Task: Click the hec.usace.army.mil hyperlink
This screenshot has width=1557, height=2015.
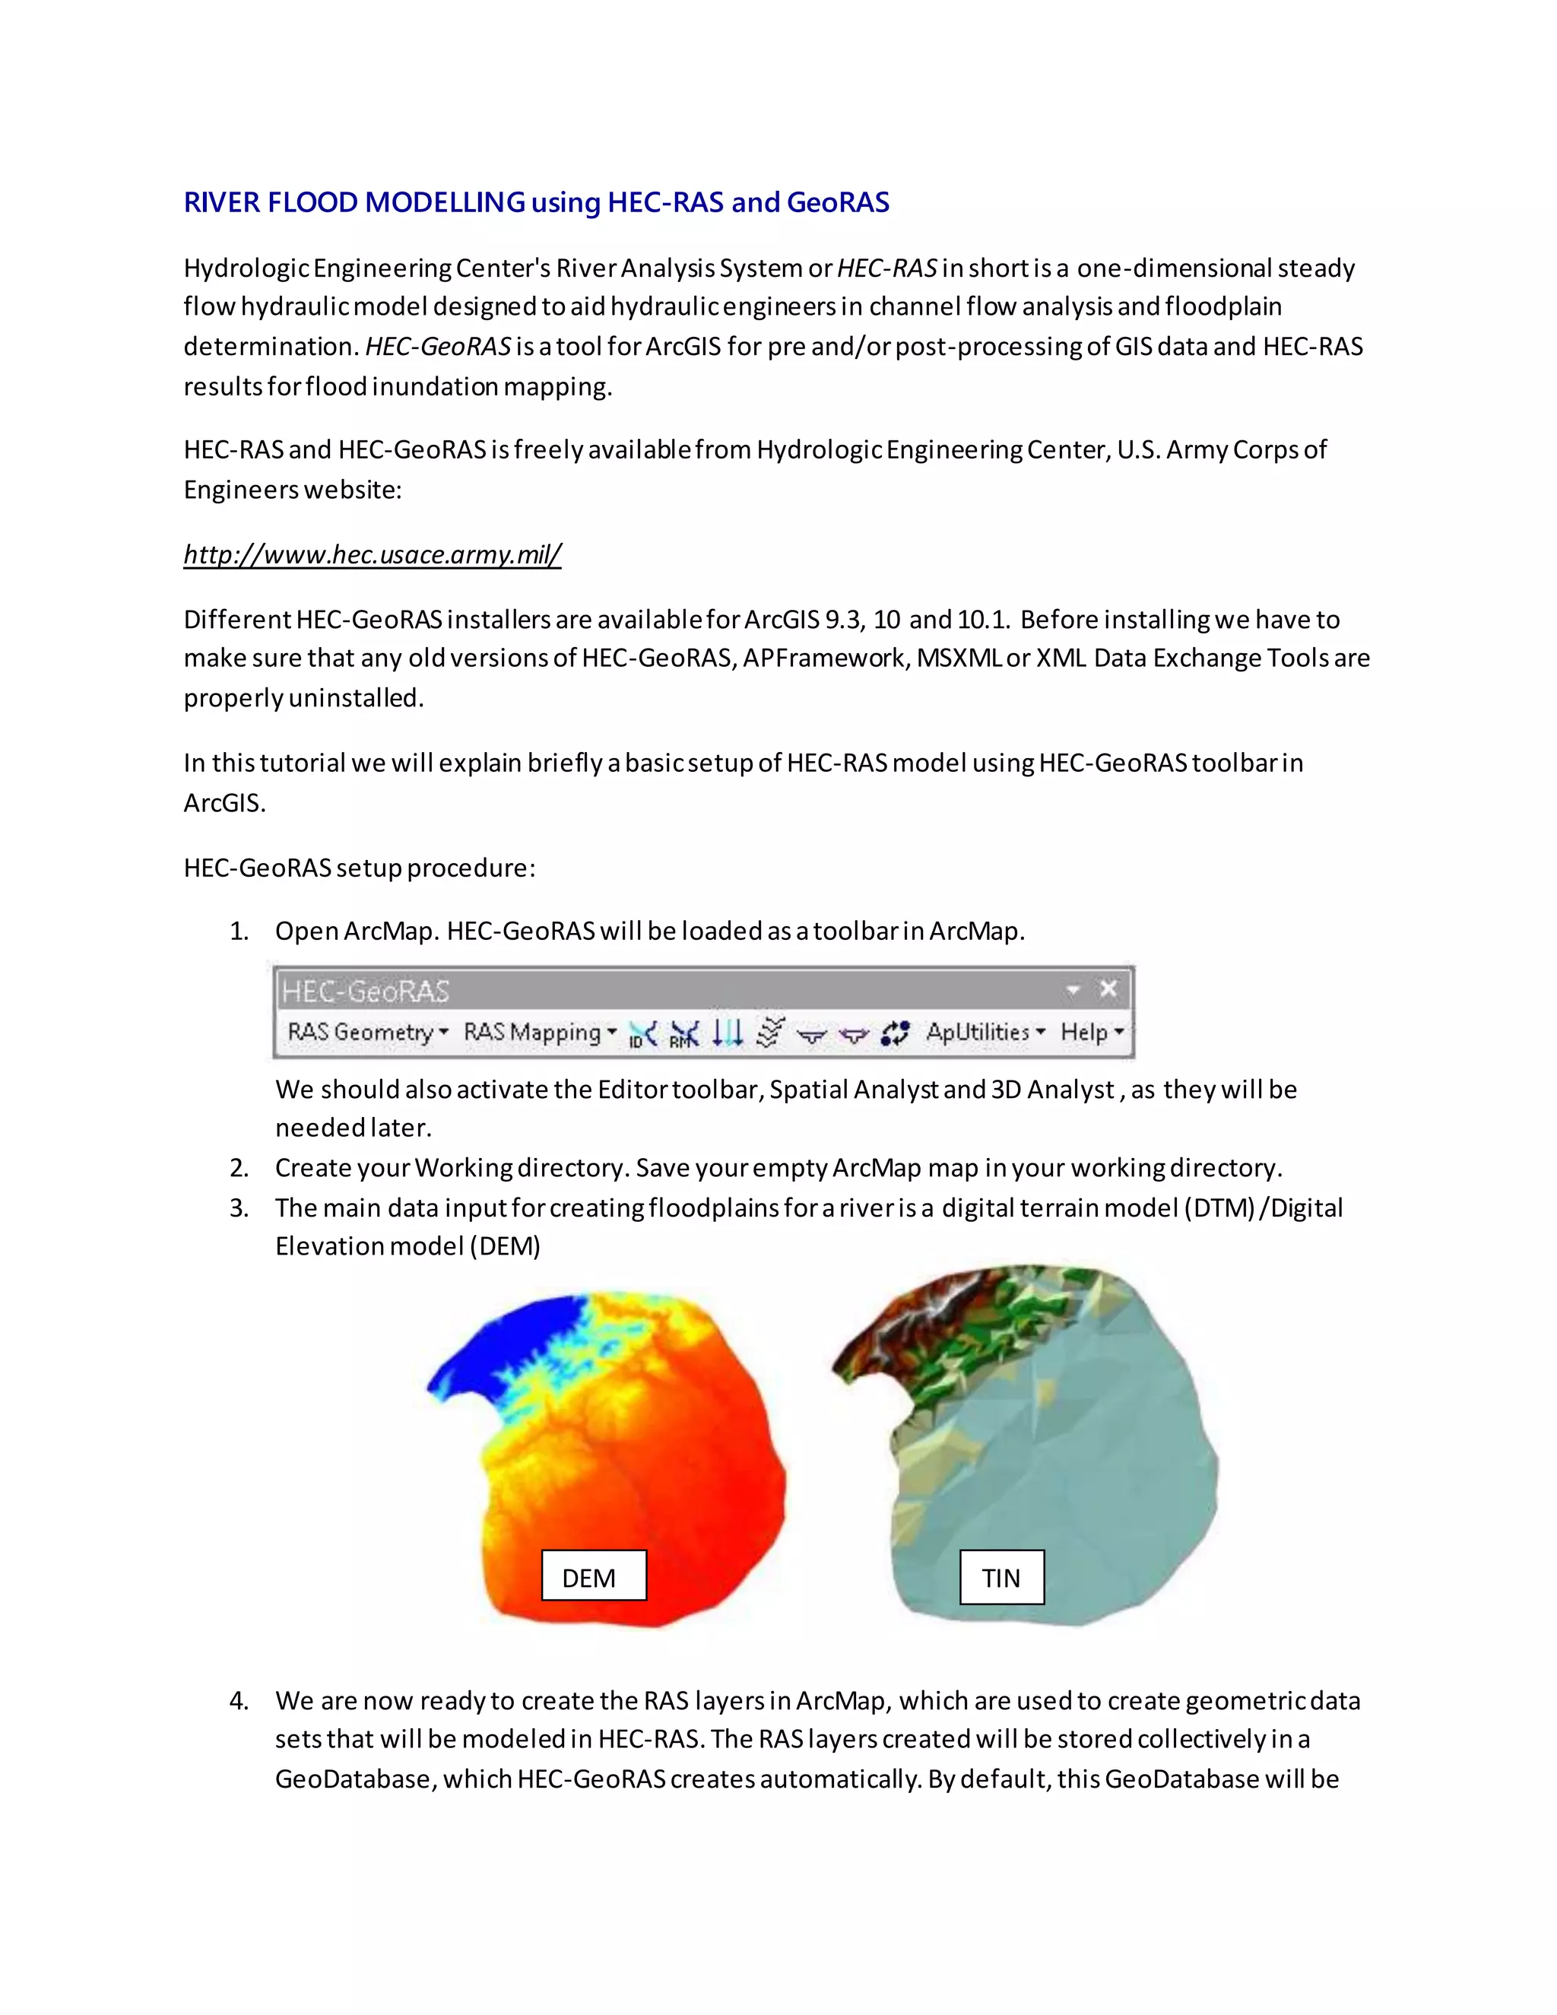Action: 372,554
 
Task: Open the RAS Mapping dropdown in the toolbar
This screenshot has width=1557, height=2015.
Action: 540,1033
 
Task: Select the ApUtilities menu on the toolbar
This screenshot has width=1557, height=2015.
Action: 985,1033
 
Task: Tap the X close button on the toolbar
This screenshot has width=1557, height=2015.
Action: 1108,990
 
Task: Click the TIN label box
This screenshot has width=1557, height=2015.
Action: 1002,1578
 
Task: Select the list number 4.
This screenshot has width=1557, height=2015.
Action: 239,1701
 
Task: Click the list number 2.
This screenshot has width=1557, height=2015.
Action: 239,1168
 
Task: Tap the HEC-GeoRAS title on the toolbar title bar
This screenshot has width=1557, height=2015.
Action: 365,992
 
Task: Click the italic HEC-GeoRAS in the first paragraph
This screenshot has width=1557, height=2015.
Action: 437,347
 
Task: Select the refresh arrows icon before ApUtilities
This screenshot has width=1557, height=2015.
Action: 895,1033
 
